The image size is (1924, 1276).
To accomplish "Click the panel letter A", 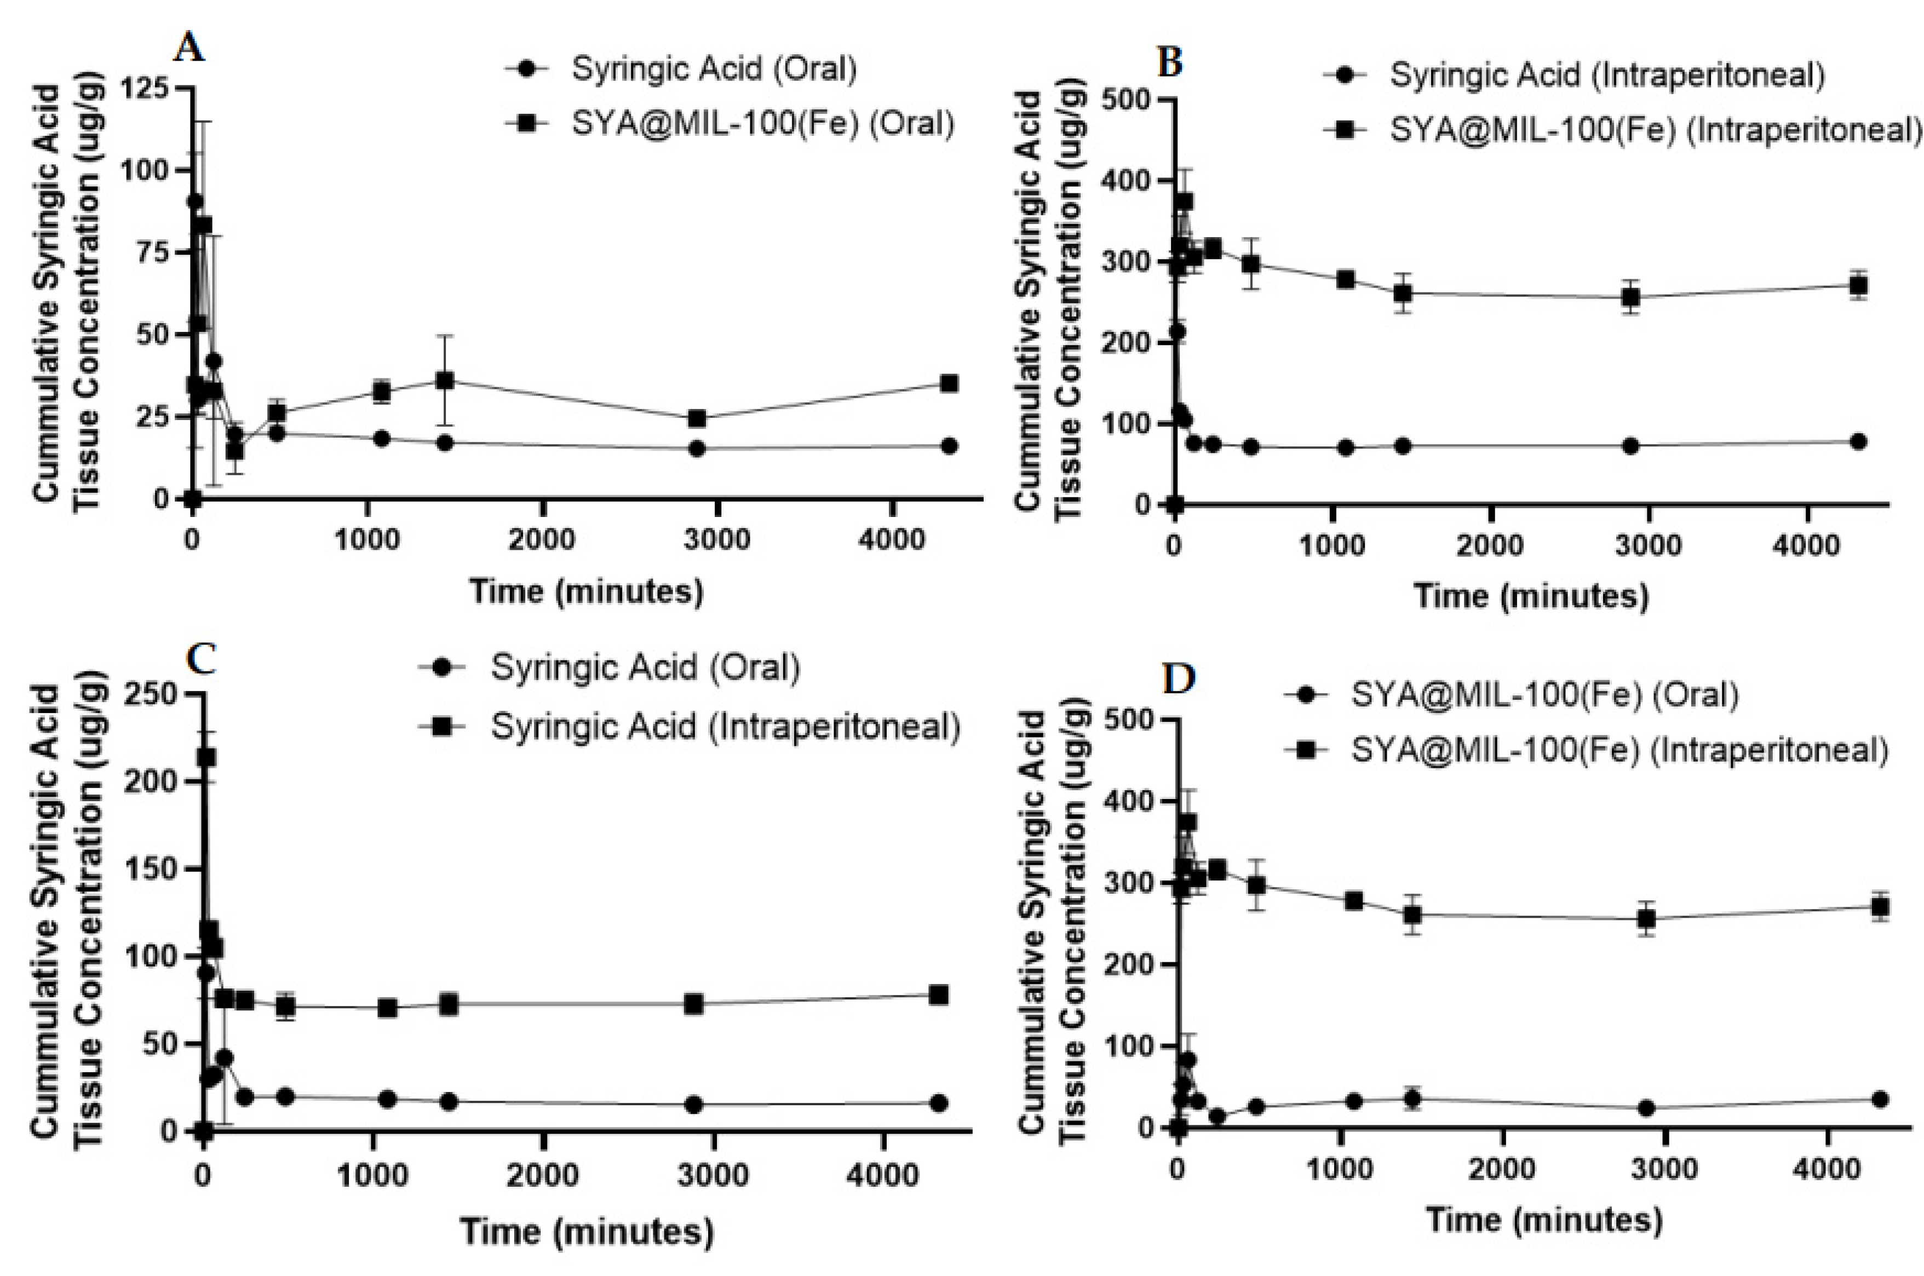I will coord(189,49).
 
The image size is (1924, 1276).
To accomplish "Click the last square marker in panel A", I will coord(949,383).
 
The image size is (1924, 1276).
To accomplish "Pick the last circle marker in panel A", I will coord(949,446).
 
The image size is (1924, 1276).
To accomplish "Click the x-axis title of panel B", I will coord(1531,596).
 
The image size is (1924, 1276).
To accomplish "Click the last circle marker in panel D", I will coord(1880,1100).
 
